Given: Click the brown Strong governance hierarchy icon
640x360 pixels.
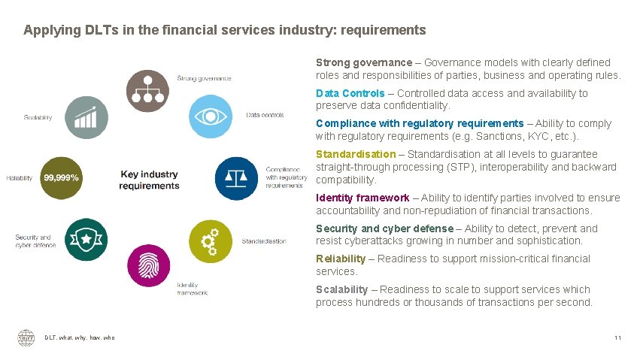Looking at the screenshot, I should [x=147, y=90].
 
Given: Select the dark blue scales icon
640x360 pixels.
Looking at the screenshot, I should [x=237, y=178].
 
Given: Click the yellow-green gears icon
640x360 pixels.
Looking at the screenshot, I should [x=210, y=241].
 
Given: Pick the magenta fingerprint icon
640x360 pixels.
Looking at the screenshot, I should [x=149, y=266].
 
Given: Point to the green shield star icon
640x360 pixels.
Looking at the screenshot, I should [x=86, y=239].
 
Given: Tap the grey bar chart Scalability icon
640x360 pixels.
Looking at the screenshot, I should [x=86, y=117].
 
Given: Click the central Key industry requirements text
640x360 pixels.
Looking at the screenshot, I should [x=149, y=180].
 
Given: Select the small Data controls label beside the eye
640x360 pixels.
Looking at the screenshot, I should [x=265, y=115].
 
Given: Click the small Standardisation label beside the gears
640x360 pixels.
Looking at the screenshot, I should [x=263, y=241].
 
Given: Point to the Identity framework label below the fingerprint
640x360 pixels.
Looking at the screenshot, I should [x=192, y=289].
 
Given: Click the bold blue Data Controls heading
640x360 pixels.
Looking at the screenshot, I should [x=350, y=93].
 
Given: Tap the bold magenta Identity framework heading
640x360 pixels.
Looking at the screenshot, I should [x=362, y=198].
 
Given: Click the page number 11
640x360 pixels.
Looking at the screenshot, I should [x=617, y=338].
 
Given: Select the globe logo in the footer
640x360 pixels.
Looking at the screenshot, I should [x=26, y=338].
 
